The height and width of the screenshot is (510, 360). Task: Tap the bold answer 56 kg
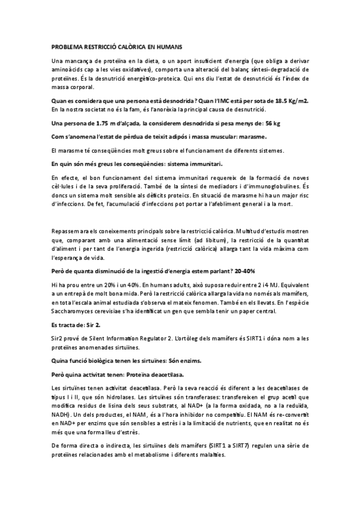click(273, 123)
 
